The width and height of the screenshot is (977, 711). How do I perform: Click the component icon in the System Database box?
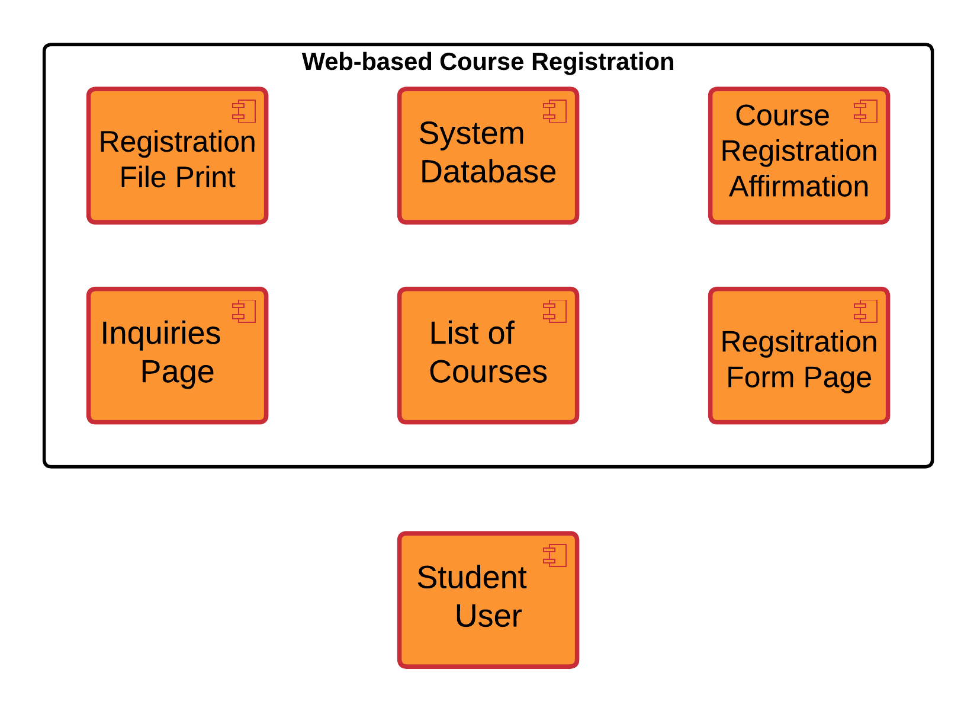click(555, 111)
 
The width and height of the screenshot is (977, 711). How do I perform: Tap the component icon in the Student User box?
click(555, 556)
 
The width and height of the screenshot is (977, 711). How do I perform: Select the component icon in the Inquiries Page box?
click(245, 312)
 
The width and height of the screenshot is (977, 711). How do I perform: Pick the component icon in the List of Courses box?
click(555, 312)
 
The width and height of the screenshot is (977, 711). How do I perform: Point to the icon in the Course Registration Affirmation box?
click(866, 111)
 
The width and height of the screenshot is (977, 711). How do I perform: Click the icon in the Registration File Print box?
click(245, 111)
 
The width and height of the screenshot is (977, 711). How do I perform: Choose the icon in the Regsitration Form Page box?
click(866, 312)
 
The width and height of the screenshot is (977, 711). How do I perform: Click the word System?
click(471, 134)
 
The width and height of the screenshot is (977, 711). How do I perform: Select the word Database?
click(488, 172)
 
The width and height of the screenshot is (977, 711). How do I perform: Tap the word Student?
click(471, 578)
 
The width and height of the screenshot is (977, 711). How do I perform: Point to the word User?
click(488, 616)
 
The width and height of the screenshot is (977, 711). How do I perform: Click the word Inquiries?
click(160, 334)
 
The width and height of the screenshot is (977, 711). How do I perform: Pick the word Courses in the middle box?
click(488, 372)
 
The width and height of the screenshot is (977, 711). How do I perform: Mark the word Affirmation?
click(799, 187)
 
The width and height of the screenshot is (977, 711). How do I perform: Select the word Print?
click(205, 178)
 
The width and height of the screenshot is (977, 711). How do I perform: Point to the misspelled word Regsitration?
click(799, 342)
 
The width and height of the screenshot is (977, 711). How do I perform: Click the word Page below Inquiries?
click(177, 372)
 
